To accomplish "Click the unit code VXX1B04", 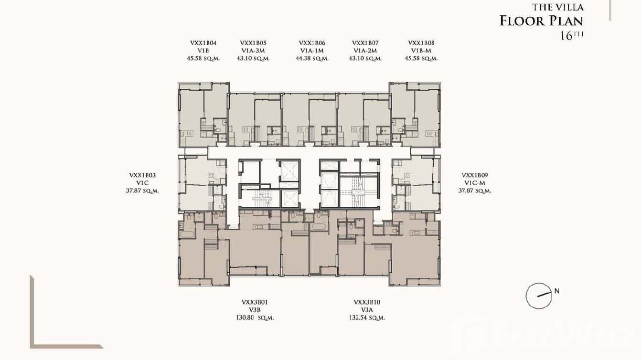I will (x=203, y=43).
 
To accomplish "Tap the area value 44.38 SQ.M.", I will (x=312, y=59).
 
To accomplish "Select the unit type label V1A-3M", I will (x=253, y=51).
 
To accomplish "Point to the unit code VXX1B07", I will (x=365, y=43).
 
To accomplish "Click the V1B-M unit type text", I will (x=421, y=51).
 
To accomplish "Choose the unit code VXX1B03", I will (x=142, y=175).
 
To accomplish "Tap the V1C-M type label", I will (x=475, y=183).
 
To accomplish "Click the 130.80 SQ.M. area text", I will (x=257, y=318).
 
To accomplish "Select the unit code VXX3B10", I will (x=367, y=302).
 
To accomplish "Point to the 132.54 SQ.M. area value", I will (x=367, y=318).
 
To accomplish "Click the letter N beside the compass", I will (x=557, y=290).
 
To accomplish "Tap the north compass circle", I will (x=539, y=296).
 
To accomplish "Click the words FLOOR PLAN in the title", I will (x=541, y=21).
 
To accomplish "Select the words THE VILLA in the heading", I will (x=557, y=7).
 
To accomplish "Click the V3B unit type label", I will (x=257, y=310).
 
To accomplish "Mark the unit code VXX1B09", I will (x=475, y=175).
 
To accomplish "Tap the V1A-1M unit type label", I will (x=312, y=51).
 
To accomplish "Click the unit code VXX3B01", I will (x=257, y=302).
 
